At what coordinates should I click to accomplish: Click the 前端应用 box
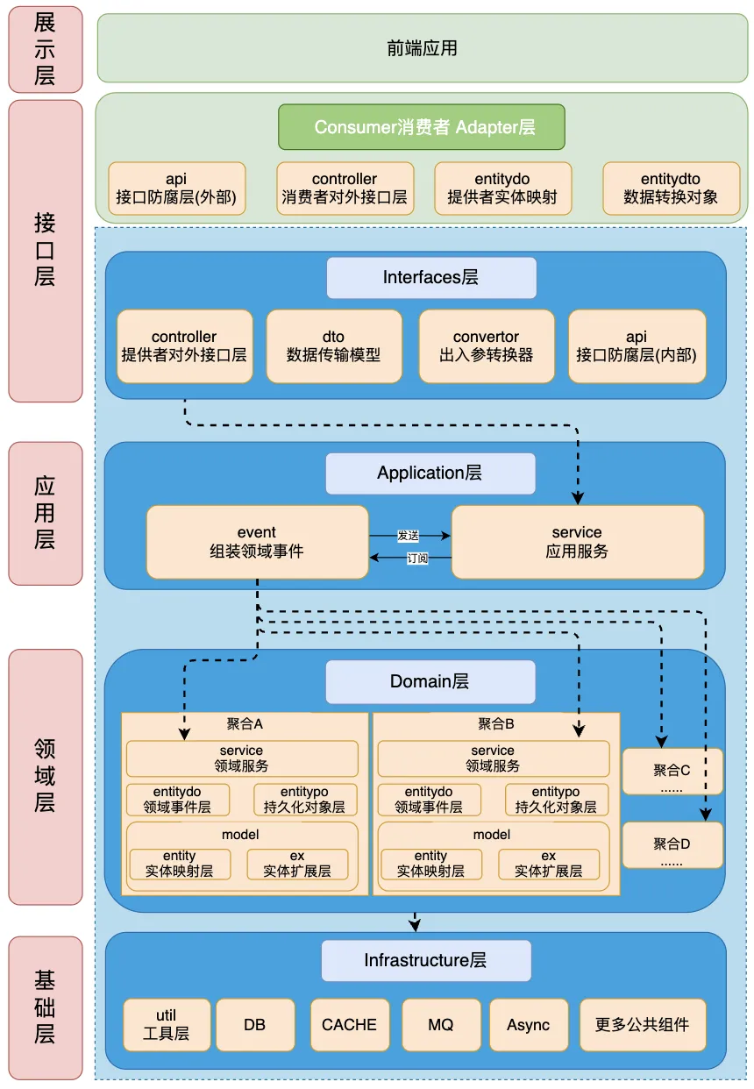click(x=422, y=48)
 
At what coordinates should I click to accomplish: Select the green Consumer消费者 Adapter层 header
click(x=422, y=127)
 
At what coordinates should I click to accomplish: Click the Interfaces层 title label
click(x=431, y=278)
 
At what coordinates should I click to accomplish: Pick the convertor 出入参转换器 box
click(x=487, y=346)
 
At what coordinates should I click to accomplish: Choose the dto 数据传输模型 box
click(x=334, y=346)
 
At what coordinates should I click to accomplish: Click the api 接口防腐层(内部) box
click(x=637, y=346)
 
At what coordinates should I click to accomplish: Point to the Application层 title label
click(x=430, y=473)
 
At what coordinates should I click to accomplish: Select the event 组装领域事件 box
click(x=257, y=542)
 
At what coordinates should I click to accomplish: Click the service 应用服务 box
click(x=577, y=542)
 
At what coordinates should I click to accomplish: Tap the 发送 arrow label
click(x=409, y=534)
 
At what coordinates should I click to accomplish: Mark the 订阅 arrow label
click(x=417, y=558)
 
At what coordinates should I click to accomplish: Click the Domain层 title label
click(x=430, y=682)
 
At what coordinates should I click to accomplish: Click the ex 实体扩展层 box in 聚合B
click(x=549, y=864)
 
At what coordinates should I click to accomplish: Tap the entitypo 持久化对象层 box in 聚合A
click(x=306, y=800)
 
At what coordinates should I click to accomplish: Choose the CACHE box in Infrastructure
click(x=349, y=1024)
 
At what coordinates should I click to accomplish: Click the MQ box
click(x=441, y=1024)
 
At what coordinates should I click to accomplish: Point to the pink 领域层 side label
click(x=46, y=777)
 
